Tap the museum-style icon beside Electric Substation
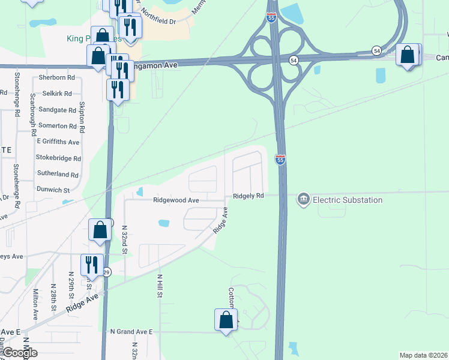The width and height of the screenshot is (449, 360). tap(304, 199)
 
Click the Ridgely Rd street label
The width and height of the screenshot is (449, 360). tap(249, 196)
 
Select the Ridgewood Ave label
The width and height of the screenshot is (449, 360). tap(176, 200)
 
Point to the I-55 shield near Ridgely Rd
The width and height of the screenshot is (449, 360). tap(280, 160)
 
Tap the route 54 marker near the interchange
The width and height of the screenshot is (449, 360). tap(294, 60)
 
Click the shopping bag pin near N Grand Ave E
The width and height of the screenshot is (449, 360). tap(226, 320)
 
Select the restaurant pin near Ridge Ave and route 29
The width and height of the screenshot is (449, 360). tap(92, 265)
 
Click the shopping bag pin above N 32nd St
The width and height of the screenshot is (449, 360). tap(100, 230)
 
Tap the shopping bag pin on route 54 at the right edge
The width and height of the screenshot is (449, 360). tap(408, 55)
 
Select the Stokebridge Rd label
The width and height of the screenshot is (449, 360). tap(58, 158)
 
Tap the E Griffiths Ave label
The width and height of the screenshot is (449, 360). tap(58, 142)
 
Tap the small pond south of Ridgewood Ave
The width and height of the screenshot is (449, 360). tap(163, 223)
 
